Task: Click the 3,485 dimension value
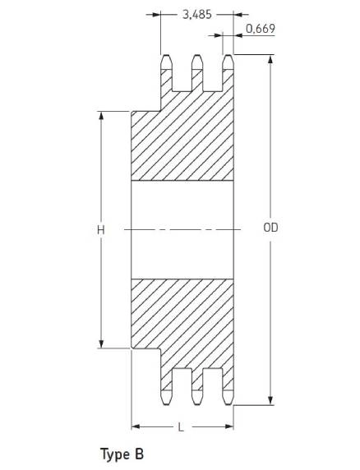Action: click(x=197, y=15)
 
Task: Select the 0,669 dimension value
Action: click(x=261, y=29)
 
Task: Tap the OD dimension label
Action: click(x=270, y=228)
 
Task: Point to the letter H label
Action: click(x=101, y=230)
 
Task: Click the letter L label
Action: click(x=181, y=427)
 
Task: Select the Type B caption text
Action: click(x=122, y=454)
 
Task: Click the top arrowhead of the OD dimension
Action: click(x=270, y=59)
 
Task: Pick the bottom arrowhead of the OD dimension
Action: click(x=270, y=400)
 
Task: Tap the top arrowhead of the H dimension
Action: click(x=101, y=116)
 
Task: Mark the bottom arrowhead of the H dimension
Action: click(x=101, y=343)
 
